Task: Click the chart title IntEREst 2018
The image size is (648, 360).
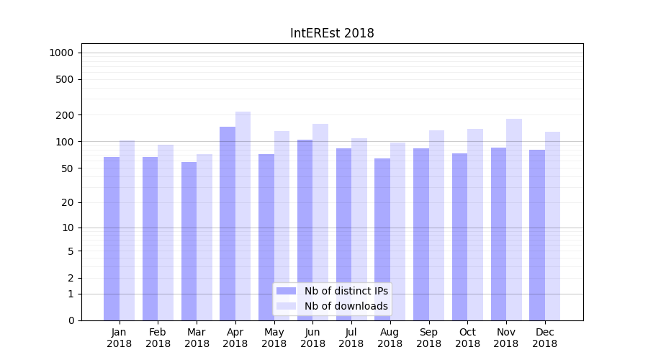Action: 332,34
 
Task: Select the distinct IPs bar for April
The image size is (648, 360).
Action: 228,223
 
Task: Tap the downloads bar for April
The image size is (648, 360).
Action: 243,216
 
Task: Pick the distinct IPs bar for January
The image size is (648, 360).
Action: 112,238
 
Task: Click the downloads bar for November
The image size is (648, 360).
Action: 514,220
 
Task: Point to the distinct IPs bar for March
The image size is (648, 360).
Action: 189,241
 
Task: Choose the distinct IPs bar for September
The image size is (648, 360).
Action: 421,234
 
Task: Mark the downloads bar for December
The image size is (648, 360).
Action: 553,226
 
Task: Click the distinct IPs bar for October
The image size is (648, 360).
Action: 460,237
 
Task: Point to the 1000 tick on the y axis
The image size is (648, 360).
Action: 61,53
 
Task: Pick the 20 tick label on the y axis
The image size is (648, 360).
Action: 68,202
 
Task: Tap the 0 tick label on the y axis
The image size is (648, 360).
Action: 71,320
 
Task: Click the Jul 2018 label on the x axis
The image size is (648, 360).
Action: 351,338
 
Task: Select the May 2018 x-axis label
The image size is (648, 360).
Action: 274,338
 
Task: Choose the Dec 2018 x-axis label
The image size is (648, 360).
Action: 545,338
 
